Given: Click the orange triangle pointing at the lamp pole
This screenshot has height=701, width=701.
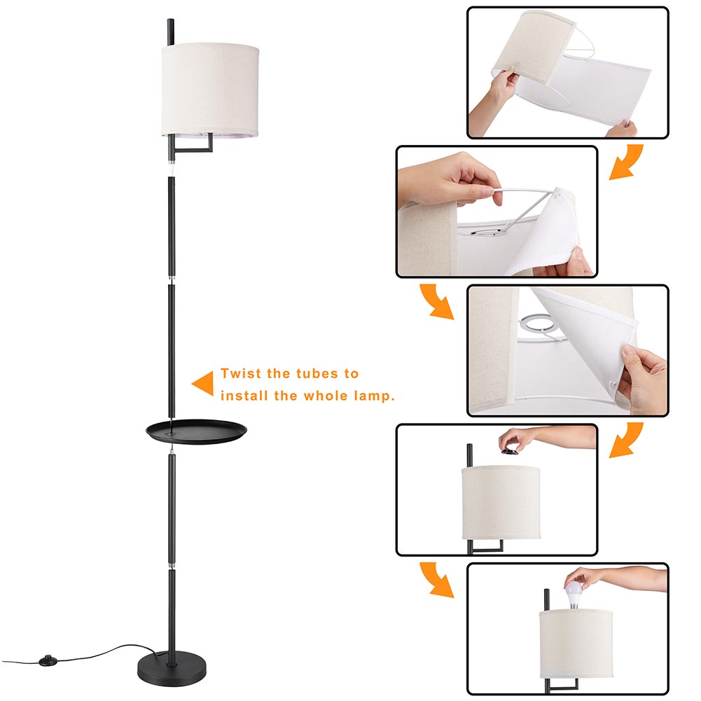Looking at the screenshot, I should coord(203,384).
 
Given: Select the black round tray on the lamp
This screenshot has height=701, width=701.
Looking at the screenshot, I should coord(193,429).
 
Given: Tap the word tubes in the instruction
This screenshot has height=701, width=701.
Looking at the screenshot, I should coord(315,374).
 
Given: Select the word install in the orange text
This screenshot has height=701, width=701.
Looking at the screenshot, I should coord(243,396).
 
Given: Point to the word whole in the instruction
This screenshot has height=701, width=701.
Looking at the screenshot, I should coord(324,396).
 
